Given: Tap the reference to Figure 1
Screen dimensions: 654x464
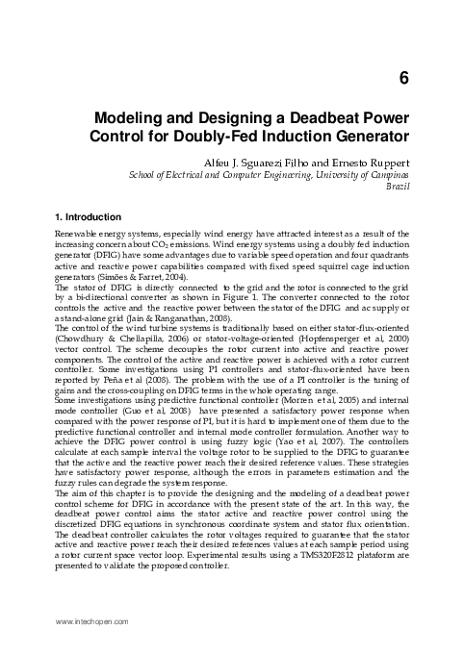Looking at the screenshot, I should pyautogui.click(x=250, y=298).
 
